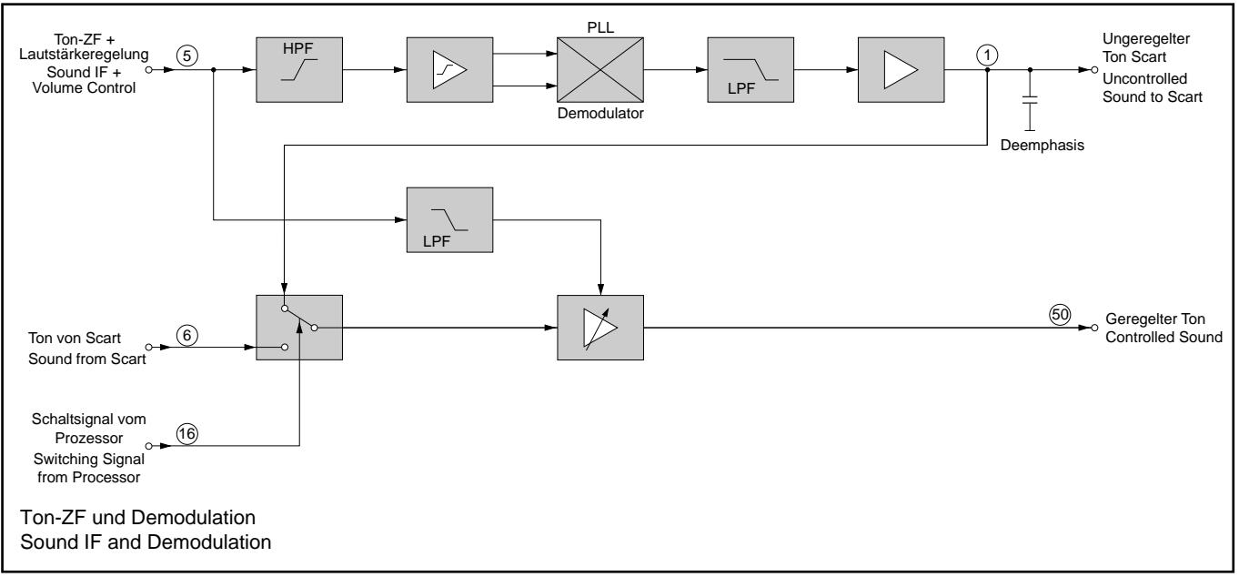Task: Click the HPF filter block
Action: [299, 70]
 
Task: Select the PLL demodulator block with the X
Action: [600, 70]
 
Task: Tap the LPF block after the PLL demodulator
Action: [750, 70]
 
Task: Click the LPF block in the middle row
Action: [449, 220]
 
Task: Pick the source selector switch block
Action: [299, 328]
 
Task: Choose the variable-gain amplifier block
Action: [600, 328]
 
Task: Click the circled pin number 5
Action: [187, 56]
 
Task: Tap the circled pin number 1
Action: [987, 56]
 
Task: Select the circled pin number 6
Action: [187, 335]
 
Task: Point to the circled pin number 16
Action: [187, 434]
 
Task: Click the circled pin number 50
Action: [1060, 315]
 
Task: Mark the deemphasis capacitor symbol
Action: [1030, 100]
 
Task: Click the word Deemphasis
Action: [1043, 146]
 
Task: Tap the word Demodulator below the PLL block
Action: [600, 114]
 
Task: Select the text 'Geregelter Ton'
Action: [1155, 319]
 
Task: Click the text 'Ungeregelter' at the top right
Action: [1146, 39]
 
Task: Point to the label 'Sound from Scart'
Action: [86, 359]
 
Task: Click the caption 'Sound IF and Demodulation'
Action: [146, 542]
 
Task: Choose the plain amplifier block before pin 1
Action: [901, 70]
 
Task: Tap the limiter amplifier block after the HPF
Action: [449, 70]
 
